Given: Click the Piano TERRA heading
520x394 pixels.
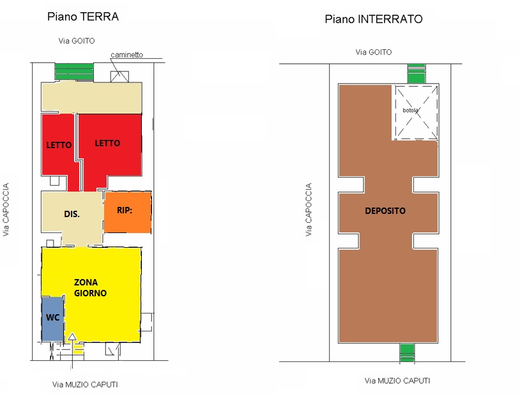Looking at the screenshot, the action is (83, 17).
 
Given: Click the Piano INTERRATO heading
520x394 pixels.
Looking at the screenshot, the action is (374, 19).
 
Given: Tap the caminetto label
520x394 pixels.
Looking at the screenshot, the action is (126, 55).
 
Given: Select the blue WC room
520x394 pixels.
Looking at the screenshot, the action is (52, 319).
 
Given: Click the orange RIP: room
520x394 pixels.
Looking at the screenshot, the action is (128, 212).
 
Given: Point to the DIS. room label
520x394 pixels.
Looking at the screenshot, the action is (72, 214).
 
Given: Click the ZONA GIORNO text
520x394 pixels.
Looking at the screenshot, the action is (90, 287).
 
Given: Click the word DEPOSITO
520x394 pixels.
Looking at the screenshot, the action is (385, 211).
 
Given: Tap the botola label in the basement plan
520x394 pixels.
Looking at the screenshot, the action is (410, 110).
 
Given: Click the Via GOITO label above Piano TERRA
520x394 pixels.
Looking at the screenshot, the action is (77, 41).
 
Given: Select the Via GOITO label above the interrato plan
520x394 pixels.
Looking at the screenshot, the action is (374, 52).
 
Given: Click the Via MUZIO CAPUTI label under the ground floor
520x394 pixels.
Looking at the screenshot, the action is (85, 384).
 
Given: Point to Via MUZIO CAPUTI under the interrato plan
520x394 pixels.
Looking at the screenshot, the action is (397, 381).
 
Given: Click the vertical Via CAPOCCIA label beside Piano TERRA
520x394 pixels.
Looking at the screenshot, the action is (6, 209).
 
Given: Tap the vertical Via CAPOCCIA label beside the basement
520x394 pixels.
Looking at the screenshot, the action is (309, 209).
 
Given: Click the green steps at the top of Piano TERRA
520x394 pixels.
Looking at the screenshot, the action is (74, 72).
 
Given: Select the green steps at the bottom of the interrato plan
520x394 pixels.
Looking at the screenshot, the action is (407, 352).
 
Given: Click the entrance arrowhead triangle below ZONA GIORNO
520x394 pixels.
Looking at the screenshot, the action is (72, 337).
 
